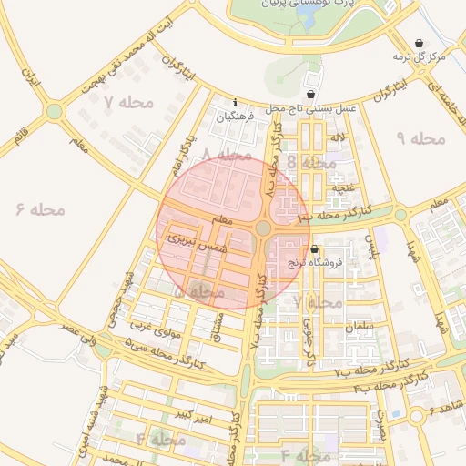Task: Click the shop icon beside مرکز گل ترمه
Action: [419, 43]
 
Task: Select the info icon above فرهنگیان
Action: [236, 102]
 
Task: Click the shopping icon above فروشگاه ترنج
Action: [315, 248]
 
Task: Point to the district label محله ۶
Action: [41, 209]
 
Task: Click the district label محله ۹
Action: [421, 137]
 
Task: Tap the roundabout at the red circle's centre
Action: [263, 228]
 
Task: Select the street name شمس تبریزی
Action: [193, 239]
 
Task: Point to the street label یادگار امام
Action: [183, 157]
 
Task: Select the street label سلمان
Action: [360, 325]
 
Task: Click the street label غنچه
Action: [343, 187]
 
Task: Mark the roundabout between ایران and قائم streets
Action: [55, 111]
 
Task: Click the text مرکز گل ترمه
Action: [419, 57]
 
